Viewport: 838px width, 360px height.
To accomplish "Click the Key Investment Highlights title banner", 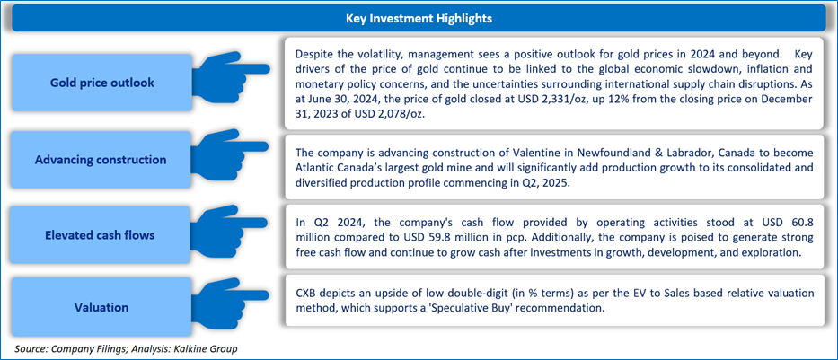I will pyautogui.click(x=419, y=18).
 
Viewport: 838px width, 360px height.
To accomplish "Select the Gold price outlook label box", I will pyautogui.click(x=101, y=83).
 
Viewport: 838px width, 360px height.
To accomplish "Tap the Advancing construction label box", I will pyautogui.click(x=101, y=160).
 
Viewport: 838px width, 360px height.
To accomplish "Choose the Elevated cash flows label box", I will pyautogui.click(x=101, y=236).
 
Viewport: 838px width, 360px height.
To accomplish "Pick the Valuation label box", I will pyautogui.click(x=101, y=307).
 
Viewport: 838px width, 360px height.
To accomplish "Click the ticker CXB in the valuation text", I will pyautogui.click(x=308, y=294).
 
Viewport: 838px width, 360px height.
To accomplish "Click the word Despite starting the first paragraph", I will pyautogui.click(x=316, y=52).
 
